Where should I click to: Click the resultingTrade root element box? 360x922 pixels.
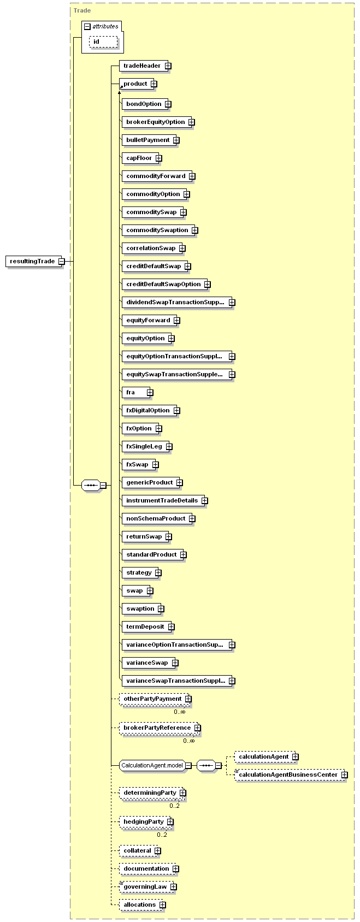32,261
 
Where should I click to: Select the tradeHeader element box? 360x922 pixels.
142,66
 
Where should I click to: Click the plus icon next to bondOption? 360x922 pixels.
168,104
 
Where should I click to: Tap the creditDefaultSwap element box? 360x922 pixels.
153,267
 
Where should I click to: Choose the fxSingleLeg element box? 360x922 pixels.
144,447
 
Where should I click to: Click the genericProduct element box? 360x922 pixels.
149,483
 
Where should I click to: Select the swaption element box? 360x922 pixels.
140,609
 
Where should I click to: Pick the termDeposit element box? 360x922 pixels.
145,627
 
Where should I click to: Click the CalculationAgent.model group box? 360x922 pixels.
152,766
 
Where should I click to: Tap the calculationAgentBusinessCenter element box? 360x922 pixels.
288,775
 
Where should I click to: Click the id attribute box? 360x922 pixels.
103,42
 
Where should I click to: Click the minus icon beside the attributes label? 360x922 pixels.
87,26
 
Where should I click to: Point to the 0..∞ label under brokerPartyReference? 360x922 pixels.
188,741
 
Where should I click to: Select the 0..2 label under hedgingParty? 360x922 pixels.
162,835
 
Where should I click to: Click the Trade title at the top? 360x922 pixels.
82,10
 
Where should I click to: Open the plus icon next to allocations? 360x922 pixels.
163,905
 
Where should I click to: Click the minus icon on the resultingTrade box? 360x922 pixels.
61,261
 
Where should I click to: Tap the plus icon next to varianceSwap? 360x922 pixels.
175,663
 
